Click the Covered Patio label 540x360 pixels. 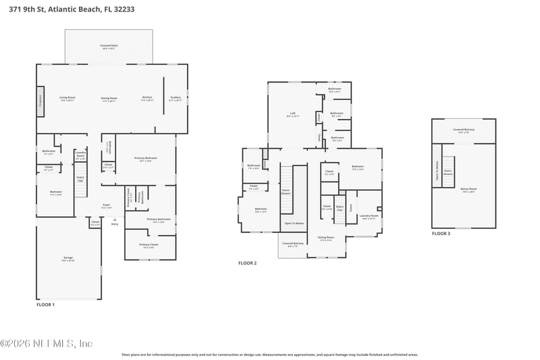[x=109, y=47]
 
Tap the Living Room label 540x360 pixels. [x=67, y=99]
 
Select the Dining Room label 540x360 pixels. [x=109, y=99]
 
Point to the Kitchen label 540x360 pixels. [x=147, y=98]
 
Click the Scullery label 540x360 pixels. [x=175, y=98]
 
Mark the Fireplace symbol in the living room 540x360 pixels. [x=40, y=97]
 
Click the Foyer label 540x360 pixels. [x=107, y=205]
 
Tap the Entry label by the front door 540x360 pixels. [x=114, y=224]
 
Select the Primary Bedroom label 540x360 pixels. [x=149, y=159]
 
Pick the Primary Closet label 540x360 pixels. [x=148, y=245]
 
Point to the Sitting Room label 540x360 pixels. [x=326, y=238]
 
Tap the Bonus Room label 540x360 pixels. [x=468, y=190]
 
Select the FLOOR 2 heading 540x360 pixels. [x=248, y=263]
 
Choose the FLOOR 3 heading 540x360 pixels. [x=441, y=234]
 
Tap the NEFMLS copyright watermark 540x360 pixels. [x=47, y=343]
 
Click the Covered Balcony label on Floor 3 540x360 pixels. [x=463, y=130]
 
